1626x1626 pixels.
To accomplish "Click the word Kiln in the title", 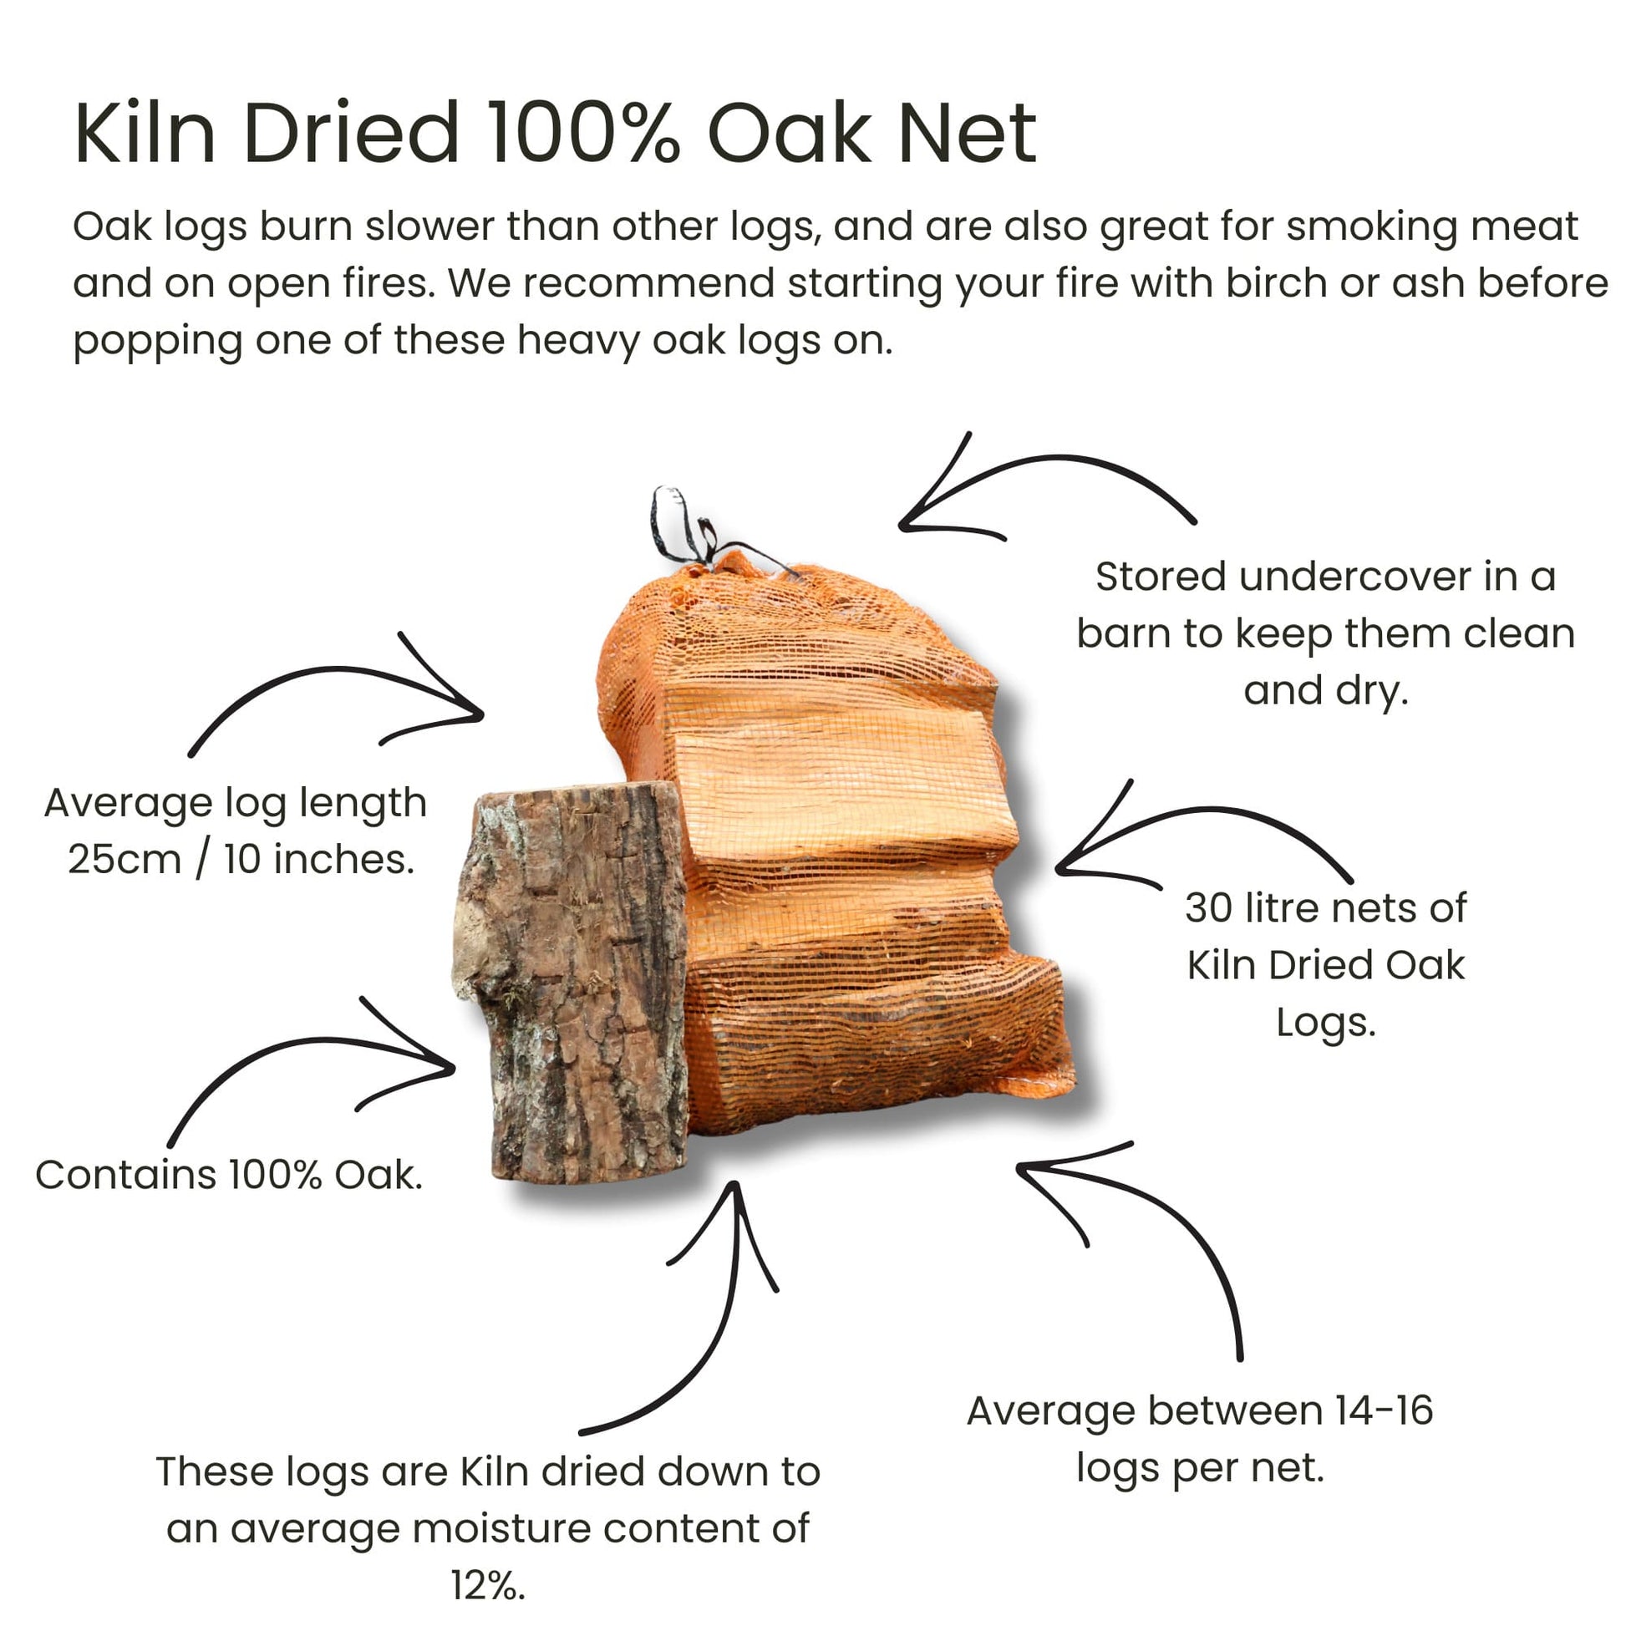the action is tap(145, 133).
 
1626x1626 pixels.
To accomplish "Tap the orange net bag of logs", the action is tap(841, 841).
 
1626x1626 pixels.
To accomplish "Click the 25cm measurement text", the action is tap(124, 860).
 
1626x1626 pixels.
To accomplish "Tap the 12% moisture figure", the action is tap(487, 1586).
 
